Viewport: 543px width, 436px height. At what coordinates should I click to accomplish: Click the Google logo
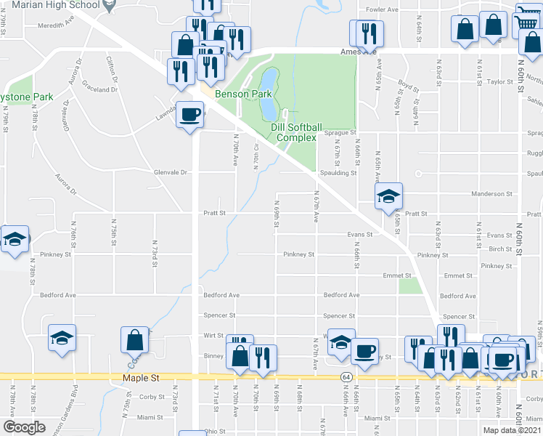pyautogui.click(x=24, y=427)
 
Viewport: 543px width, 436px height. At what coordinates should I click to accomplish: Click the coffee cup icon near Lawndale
pyautogui.click(x=190, y=116)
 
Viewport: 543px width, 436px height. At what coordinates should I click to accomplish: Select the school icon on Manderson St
pyautogui.click(x=388, y=195)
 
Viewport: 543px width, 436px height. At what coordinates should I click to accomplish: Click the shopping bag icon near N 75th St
pyautogui.click(x=135, y=339)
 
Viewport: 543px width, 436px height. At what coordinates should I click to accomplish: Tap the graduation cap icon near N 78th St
pyautogui.click(x=62, y=337)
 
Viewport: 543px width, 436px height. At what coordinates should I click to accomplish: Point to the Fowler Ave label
pyautogui.click(x=383, y=10)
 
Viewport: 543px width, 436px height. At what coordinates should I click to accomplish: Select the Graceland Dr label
pyautogui.click(x=99, y=90)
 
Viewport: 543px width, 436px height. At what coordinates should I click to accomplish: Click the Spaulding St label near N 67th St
pyautogui.click(x=338, y=173)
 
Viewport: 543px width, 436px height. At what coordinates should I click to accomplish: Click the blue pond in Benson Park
pyautogui.click(x=267, y=95)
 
